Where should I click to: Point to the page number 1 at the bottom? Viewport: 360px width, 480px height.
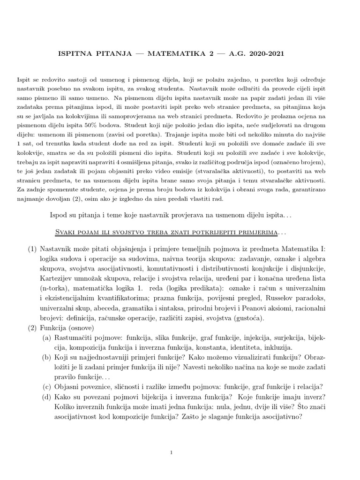point(172,453)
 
